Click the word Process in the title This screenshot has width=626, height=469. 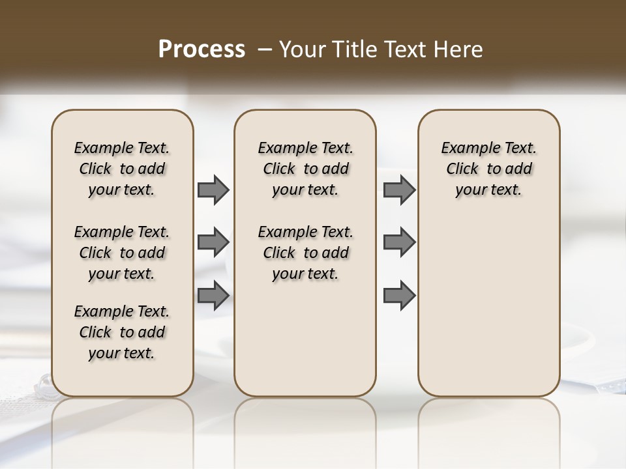point(201,50)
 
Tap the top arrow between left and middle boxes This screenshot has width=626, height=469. point(213,190)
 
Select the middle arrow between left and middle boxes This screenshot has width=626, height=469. point(213,242)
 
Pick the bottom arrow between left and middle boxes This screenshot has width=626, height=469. point(213,295)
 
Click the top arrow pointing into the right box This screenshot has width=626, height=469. point(399,190)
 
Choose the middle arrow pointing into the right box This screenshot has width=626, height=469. point(399,242)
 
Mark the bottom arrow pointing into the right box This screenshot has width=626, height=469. point(399,295)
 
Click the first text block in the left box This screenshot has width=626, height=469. point(122,169)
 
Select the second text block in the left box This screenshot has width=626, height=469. point(122,253)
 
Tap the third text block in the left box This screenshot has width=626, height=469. point(122,332)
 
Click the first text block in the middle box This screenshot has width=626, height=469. point(305,169)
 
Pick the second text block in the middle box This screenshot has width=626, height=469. point(305,253)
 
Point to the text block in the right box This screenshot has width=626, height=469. point(489,169)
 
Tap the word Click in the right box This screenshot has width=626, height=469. point(462,169)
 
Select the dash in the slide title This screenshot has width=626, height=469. point(265,50)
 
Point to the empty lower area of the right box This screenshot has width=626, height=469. point(489,306)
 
